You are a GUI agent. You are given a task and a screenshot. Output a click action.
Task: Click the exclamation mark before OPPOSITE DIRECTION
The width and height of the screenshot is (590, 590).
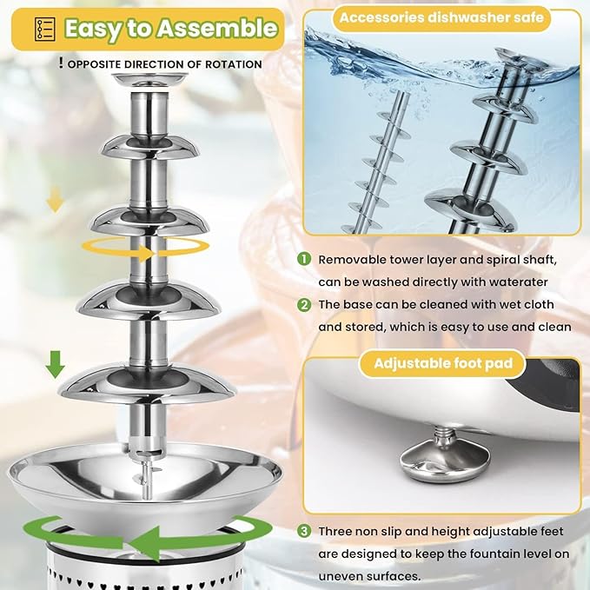(x=60, y=63)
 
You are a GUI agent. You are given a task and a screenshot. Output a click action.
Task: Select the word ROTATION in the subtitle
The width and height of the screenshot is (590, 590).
(x=230, y=64)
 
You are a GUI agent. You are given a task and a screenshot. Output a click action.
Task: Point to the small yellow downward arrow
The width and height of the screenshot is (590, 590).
(x=55, y=202)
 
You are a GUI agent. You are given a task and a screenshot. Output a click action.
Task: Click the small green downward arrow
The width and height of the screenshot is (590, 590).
(x=56, y=363)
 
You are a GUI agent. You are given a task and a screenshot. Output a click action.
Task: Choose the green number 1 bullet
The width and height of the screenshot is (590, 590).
(x=303, y=259)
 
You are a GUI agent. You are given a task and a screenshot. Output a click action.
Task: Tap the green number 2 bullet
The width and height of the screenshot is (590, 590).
(x=303, y=305)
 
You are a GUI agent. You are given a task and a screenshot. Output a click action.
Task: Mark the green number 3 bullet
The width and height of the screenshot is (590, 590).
(x=303, y=530)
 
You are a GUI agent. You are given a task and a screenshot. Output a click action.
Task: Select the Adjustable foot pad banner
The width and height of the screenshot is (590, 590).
(x=442, y=363)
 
